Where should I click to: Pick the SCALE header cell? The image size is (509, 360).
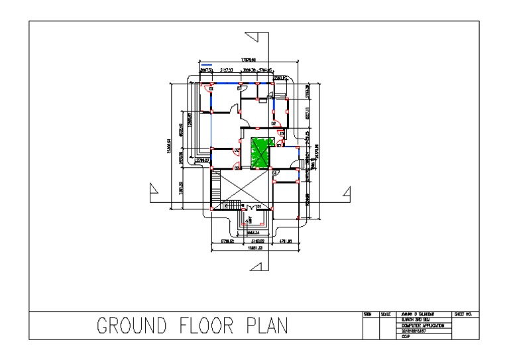click(x=385, y=313)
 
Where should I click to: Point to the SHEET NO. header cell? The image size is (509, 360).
click(x=463, y=313)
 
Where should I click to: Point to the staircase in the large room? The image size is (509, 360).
click(x=231, y=205)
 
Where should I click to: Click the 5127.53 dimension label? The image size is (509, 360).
click(x=229, y=69)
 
